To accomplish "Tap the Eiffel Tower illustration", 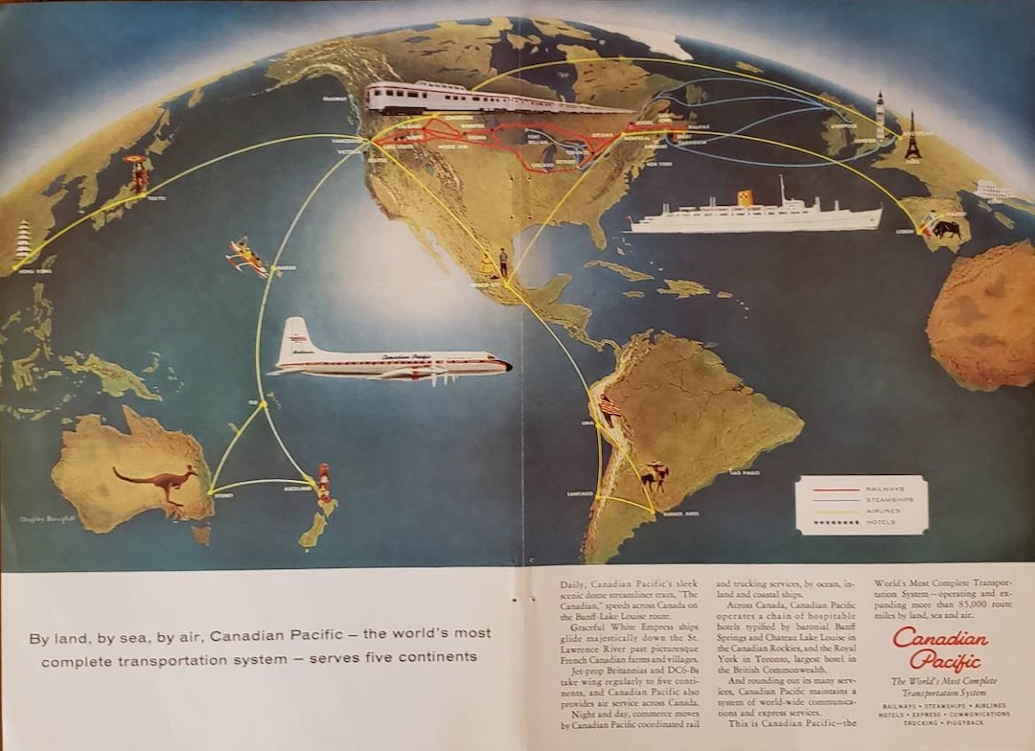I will pyautogui.click(x=912, y=136).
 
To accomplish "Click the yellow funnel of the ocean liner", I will pyautogui.click(x=745, y=198).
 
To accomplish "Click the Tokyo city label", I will pyautogui.click(x=155, y=198).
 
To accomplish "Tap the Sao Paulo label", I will pyautogui.click(x=745, y=472).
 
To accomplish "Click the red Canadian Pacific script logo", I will pyautogui.click(x=940, y=649).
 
